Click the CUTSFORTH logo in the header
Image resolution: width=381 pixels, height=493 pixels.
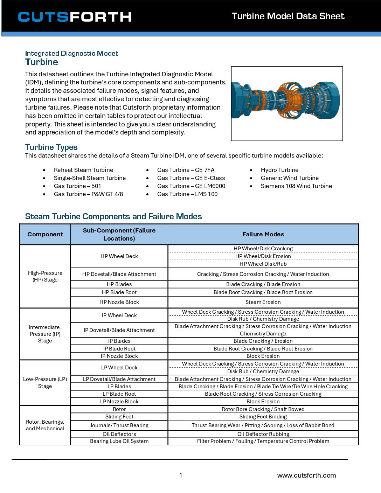(75, 17)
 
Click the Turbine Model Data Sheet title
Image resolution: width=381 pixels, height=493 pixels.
(288, 16)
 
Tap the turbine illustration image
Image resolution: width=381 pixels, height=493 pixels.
(286, 104)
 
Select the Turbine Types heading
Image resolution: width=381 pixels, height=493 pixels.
(51, 147)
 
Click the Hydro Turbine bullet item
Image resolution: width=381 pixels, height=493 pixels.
(279, 170)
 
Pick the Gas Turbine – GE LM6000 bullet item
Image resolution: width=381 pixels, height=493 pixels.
(191, 186)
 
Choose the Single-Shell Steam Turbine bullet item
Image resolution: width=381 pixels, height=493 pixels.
(90, 178)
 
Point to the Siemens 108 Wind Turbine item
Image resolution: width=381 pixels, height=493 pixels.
(296, 186)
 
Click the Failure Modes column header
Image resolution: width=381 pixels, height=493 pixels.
(263, 234)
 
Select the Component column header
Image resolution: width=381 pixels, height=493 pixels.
(45, 234)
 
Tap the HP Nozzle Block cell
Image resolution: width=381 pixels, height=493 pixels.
(119, 302)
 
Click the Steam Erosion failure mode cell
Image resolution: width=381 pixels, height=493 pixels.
(263, 302)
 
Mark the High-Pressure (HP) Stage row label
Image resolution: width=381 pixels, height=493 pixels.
(45, 276)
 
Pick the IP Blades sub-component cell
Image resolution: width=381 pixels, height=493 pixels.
(119, 341)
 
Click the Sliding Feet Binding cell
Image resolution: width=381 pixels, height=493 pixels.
(263, 417)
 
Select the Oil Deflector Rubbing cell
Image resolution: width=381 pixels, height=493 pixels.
(263, 434)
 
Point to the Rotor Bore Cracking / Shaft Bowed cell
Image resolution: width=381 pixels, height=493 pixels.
(263, 409)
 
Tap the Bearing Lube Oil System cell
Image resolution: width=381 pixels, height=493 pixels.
(119, 441)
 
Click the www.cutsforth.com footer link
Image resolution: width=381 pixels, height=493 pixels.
(306, 475)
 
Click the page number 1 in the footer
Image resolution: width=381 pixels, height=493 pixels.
(181, 475)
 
